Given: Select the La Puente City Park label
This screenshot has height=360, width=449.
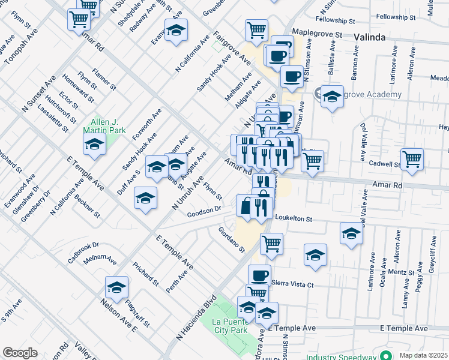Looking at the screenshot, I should pyautogui.click(x=231, y=326).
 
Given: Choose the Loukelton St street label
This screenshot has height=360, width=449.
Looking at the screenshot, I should pyautogui.click(x=294, y=219).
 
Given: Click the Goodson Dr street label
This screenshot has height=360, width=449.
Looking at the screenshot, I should pyautogui.click(x=204, y=212).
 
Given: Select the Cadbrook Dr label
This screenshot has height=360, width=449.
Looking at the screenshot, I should pyautogui.click(x=83, y=253).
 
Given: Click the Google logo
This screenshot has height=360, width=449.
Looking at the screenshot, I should pyautogui.click(x=20, y=353).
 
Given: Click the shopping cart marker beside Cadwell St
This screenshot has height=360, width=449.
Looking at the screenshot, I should pyautogui.click(x=412, y=159).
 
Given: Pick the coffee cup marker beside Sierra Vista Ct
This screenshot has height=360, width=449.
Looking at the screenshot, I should pyautogui.click(x=259, y=275).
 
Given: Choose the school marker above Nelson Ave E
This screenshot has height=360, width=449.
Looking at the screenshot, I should pyautogui.click(x=116, y=286).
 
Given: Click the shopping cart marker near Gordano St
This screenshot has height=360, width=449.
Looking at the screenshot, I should pyautogui.click(x=271, y=244).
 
